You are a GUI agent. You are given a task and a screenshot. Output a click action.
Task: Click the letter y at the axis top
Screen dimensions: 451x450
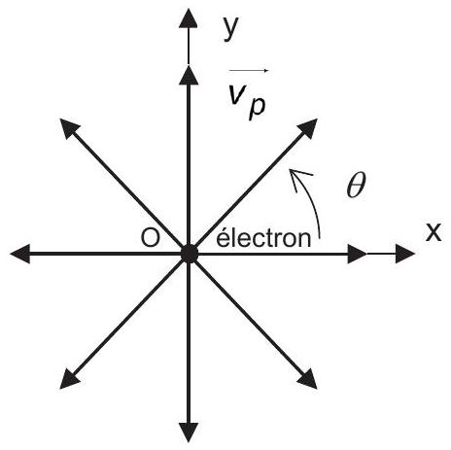(230, 28)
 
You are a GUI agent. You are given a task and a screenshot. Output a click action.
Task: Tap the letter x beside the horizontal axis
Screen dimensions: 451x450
(434, 232)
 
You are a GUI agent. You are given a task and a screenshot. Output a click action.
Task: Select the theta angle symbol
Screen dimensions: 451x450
(356, 185)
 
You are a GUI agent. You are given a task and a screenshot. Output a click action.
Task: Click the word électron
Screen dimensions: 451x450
(263, 238)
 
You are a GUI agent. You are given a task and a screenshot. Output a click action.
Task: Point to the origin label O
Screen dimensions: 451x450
(151, 238)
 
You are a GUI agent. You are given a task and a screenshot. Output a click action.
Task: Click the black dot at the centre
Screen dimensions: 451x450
(190, 254)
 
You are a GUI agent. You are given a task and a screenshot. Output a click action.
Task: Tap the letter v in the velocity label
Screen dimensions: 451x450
(237, 94)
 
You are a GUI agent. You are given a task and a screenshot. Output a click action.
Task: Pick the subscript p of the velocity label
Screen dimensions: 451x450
(257, 108)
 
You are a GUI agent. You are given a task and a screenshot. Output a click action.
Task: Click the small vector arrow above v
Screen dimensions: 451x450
(249, 70)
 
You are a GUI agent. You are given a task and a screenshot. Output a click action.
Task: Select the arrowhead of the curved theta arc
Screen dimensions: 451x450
(298, 178)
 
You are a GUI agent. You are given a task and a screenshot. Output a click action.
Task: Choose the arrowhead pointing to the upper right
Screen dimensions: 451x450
(307, 128)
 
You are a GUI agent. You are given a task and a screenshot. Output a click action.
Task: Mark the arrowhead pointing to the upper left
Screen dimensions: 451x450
(70, 129)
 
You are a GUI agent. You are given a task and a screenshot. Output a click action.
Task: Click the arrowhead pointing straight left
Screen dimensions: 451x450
(20, 254)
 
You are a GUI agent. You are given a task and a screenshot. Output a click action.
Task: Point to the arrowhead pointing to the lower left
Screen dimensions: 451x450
(70, 378)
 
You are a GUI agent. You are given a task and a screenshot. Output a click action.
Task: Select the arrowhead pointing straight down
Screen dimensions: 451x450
(189, 433)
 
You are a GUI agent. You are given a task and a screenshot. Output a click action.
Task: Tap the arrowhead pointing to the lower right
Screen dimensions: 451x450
(307, 378)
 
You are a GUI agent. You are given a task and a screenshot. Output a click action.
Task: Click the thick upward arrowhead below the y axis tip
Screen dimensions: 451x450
(189, 75)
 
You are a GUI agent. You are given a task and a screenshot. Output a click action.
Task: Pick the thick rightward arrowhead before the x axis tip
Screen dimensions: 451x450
(358, 254)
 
